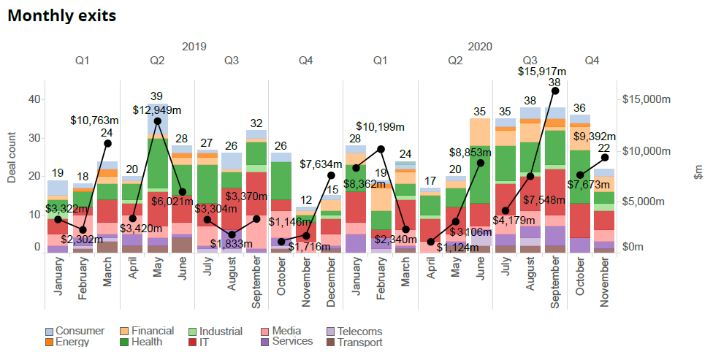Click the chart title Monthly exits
(61, 15)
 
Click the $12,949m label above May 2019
(157, 110)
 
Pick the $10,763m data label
(95, 119)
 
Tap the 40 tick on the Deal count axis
(33, 99)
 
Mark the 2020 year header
(480, 46)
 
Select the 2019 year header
(194, 46)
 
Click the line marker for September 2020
(555, 91)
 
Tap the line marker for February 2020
(381, 149)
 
